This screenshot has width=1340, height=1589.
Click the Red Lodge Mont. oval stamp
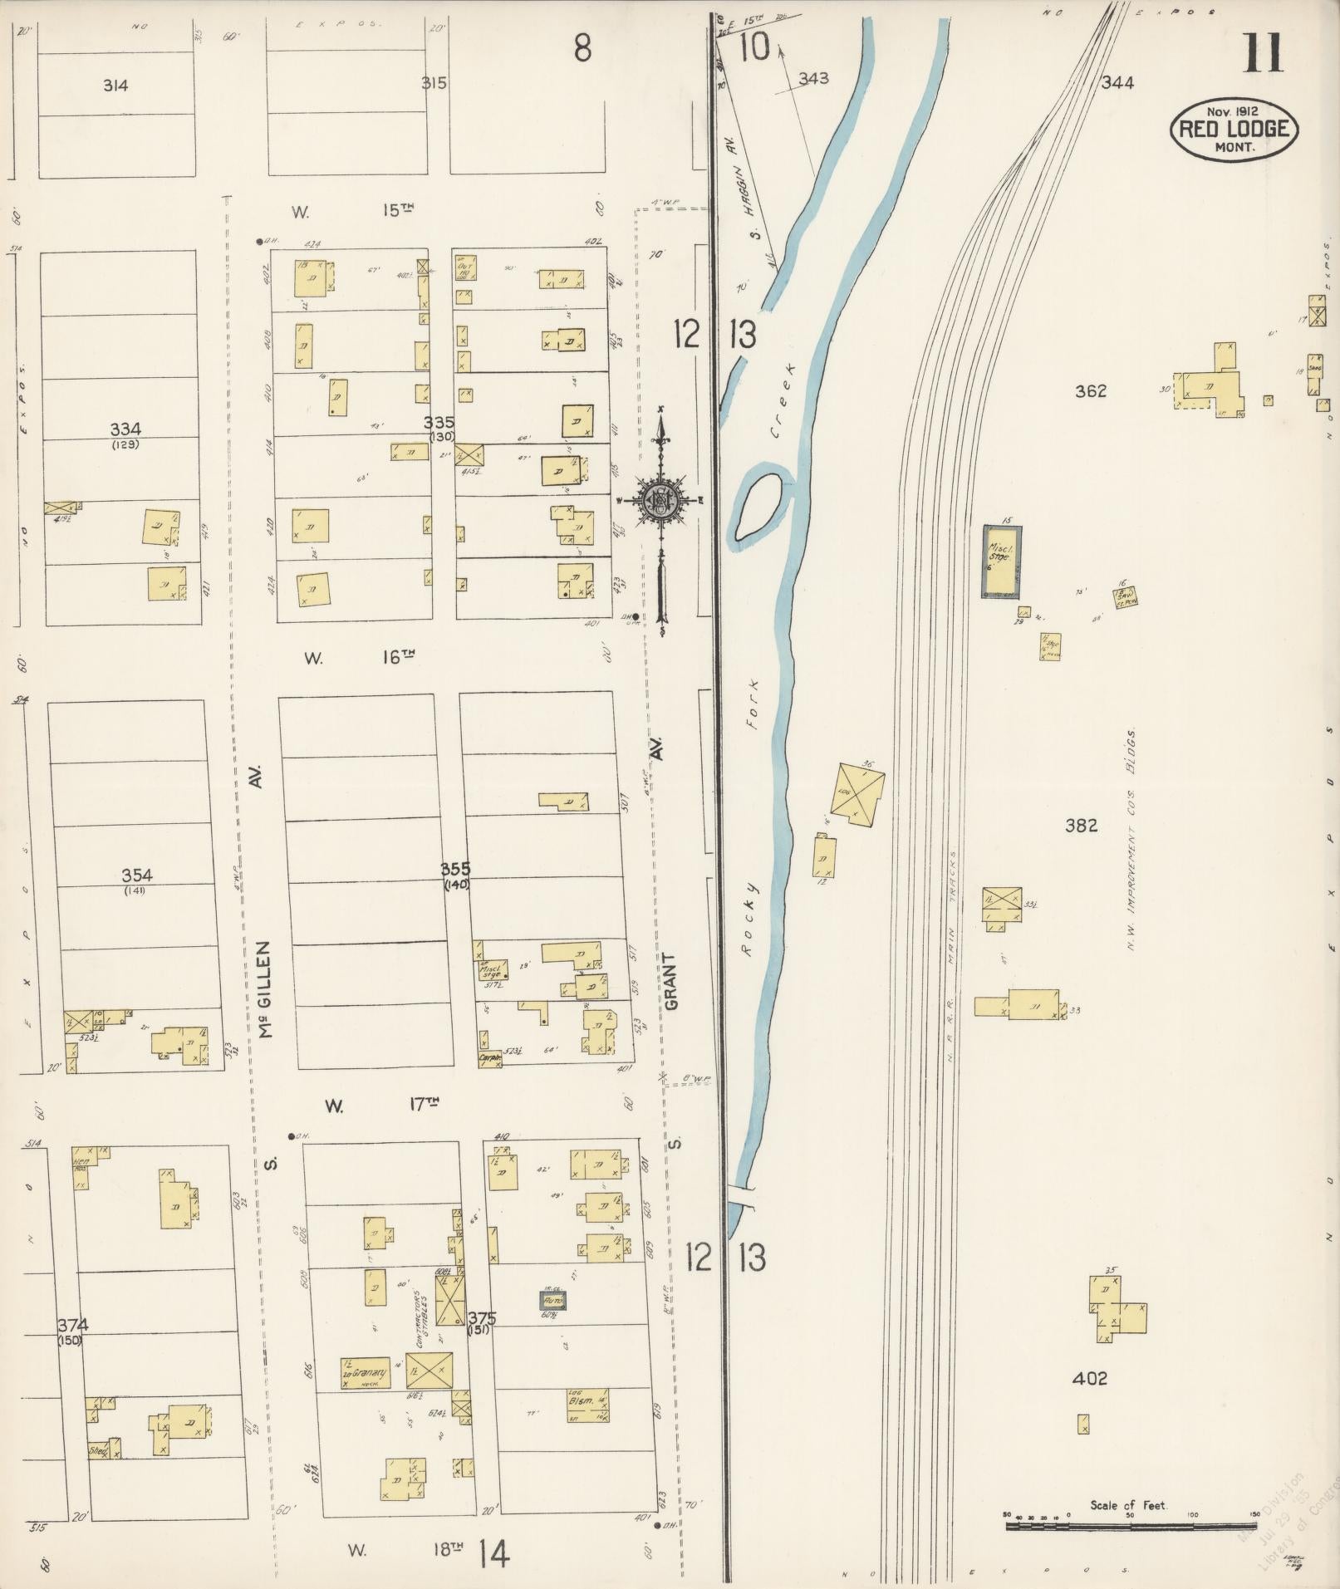click(1234, 129)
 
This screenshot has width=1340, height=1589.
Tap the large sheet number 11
click(1262, 53)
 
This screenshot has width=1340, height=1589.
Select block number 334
click(125, 429)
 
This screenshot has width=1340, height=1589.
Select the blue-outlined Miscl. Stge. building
click(1003, 562)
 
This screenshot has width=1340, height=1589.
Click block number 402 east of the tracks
click(1089, 1378)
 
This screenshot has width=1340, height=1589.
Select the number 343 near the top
click(813, 79)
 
